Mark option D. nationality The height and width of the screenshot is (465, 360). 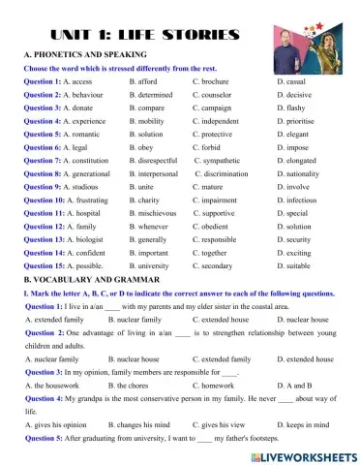(x=299, y=174)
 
